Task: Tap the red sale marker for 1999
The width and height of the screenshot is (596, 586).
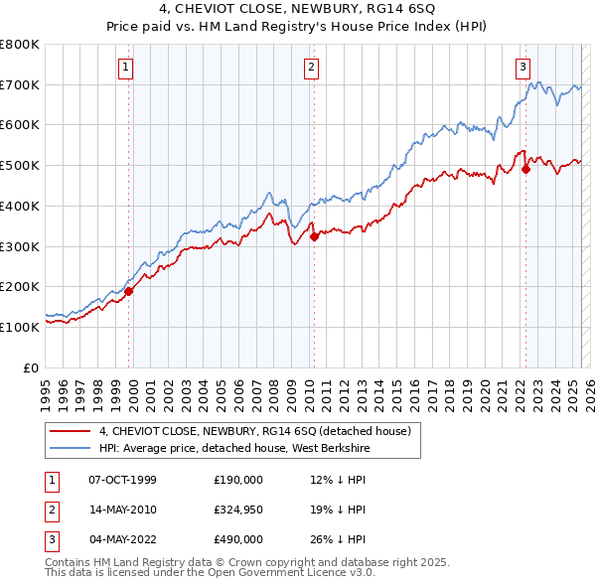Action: click(128, 291)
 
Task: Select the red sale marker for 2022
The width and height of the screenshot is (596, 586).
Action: click(525, 169)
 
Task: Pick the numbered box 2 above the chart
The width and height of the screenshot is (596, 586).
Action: click(312, 68)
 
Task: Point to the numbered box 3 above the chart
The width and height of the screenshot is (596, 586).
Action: click(522, 68)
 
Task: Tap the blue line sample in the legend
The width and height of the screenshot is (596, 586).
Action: click(70, 448)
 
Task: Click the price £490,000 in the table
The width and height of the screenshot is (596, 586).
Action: click(238, 539)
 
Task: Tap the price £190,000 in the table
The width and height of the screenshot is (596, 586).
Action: click(238, 480)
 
